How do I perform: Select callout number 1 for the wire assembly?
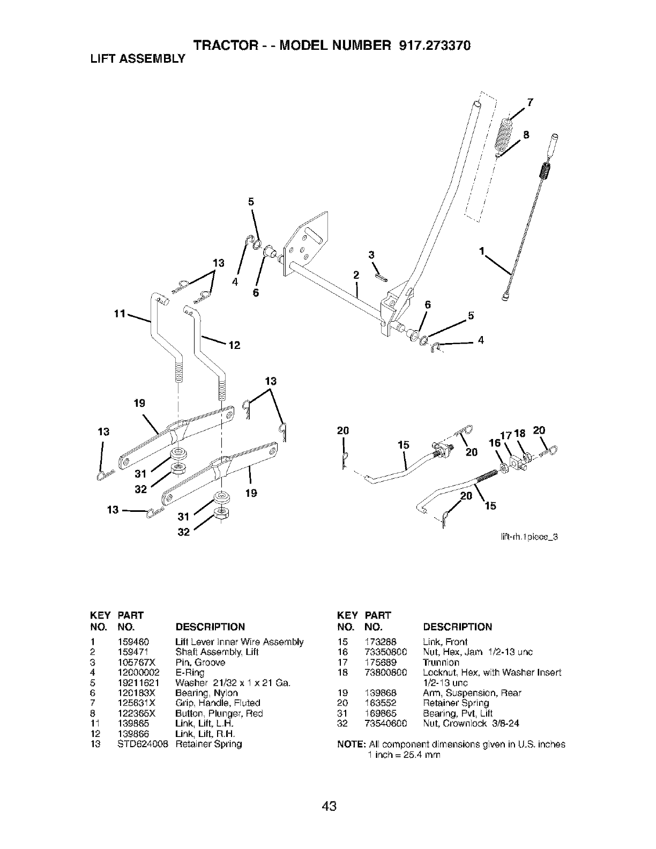click(x=482, y=250)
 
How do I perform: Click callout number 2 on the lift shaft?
click(x=355, y=275)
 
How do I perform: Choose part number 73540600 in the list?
click(x=386, y=724)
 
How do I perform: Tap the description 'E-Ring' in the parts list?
click(x=190, y=673)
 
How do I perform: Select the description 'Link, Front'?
click(x=445, y=642)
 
